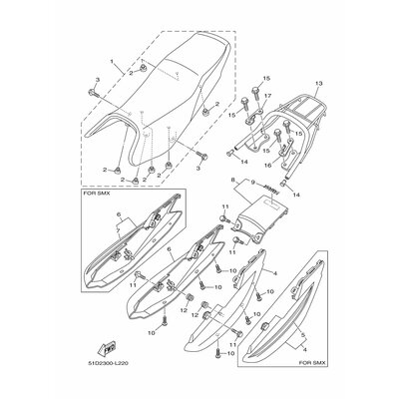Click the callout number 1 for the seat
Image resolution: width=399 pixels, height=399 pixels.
(x=114, y=61)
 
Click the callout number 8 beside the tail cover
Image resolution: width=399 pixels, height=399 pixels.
(x=204, y=180)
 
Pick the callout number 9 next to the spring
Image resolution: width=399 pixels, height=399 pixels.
(x=225, y=185)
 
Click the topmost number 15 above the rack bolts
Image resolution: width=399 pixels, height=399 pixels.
(x=266, y=78)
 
